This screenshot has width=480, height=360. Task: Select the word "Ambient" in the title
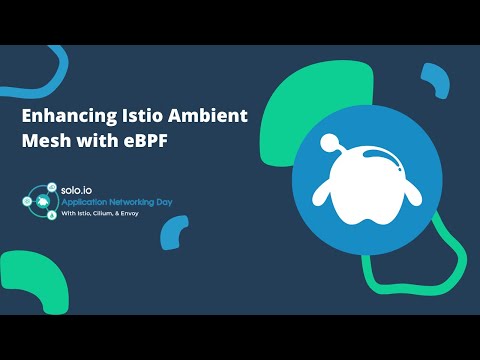(209, 117)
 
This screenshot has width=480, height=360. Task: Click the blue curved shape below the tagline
(174, 236)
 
